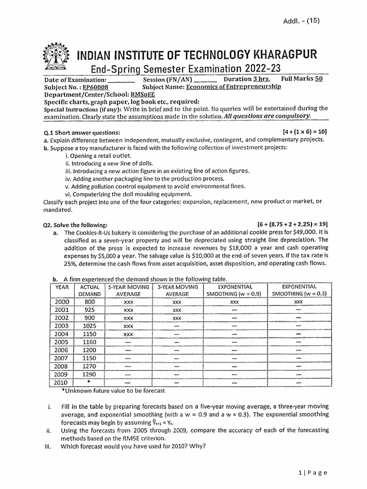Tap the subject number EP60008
coord(95,87)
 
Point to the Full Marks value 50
coord(319,79)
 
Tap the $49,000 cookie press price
coord(300,232)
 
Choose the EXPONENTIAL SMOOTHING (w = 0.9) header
coord(234,290)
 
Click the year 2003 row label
coord(62,326)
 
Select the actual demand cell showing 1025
coord(89,326)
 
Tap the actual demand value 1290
coord(89,374)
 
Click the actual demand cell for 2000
coord(89,302)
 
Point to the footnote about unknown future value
coord(113,391)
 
